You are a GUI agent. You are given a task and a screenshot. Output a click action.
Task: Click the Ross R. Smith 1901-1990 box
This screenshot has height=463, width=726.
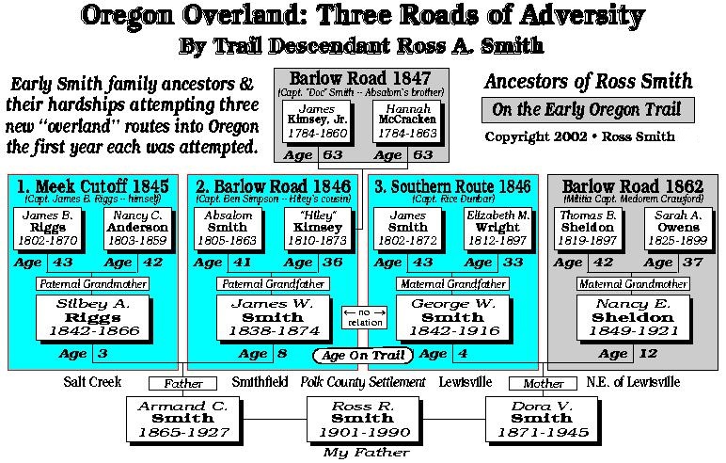(x=363, y=419)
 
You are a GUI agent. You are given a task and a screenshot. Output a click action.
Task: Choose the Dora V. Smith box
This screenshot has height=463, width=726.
(x=543, y=419)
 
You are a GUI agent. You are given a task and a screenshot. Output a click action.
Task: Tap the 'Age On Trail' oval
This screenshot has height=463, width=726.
(x=362, y=355)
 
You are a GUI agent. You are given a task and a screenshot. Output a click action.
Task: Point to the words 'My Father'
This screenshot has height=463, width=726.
(x=362, y=453)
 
